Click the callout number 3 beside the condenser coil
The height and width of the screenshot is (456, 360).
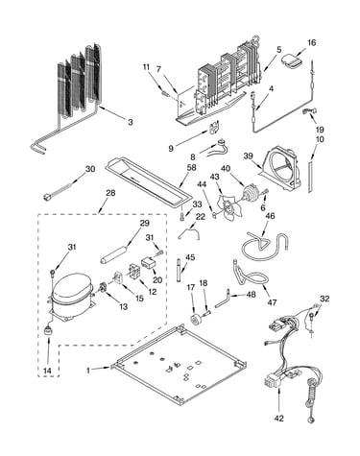coord(130,122)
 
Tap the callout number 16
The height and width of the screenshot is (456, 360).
coord(311,42)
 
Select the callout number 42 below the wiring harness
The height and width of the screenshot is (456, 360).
coord(279,418)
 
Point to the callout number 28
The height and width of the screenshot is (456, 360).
coord(110,193)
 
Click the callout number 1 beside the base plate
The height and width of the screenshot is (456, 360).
coord(88,371)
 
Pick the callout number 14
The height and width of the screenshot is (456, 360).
coord(47,371)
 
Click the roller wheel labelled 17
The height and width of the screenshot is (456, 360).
coord(195,320)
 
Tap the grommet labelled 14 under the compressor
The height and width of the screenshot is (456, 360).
coord(48,330)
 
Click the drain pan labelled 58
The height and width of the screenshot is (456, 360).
coord(148,182)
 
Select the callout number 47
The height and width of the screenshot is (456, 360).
coord(272,301)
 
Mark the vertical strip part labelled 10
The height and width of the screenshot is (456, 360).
coord(310,177)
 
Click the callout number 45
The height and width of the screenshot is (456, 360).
coord(190,257)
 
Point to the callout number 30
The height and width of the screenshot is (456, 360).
coord(90,168)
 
